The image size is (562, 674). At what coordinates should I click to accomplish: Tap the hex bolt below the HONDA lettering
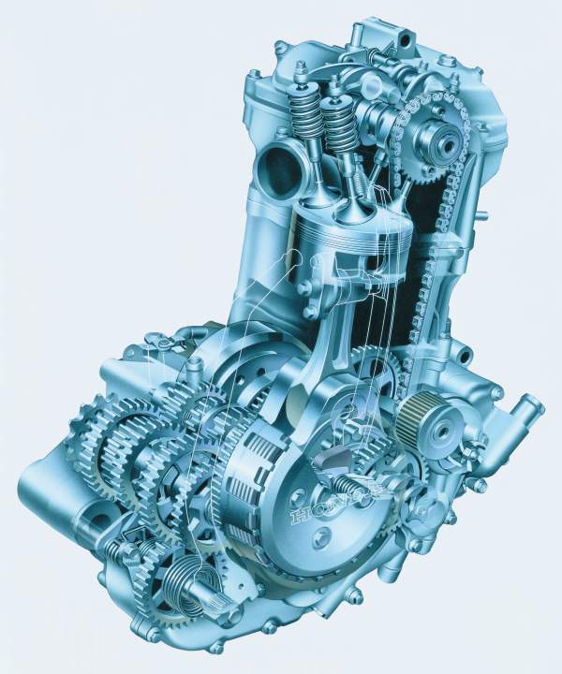coord(321,536)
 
